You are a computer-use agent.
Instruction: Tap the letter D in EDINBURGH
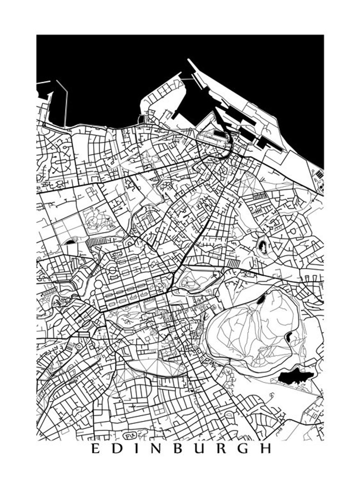(117, 449)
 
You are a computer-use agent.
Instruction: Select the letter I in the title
(136, 449)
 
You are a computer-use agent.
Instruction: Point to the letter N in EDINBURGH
(156, 449)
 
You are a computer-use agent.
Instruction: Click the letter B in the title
(178, 449)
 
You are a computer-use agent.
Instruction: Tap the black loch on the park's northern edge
(261, 299)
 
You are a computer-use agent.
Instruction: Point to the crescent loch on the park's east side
(289, 336)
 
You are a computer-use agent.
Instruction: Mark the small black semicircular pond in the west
(70, 242)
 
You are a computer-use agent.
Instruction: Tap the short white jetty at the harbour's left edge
(43, 83)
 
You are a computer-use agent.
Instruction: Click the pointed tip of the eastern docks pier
(189, 60)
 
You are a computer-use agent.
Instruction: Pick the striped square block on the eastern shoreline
(320, 174)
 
